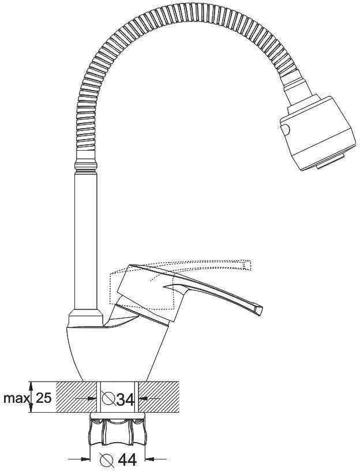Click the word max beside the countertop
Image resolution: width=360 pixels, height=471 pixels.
pyautogui.click(x=17, y=398)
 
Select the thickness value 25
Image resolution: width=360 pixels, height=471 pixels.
pyautogui.click(x=43, y=398)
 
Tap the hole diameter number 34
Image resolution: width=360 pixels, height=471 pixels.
pyautogui.click(x=125, y=398)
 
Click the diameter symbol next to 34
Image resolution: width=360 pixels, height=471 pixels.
pyautogui.click(x=108, y=398)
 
